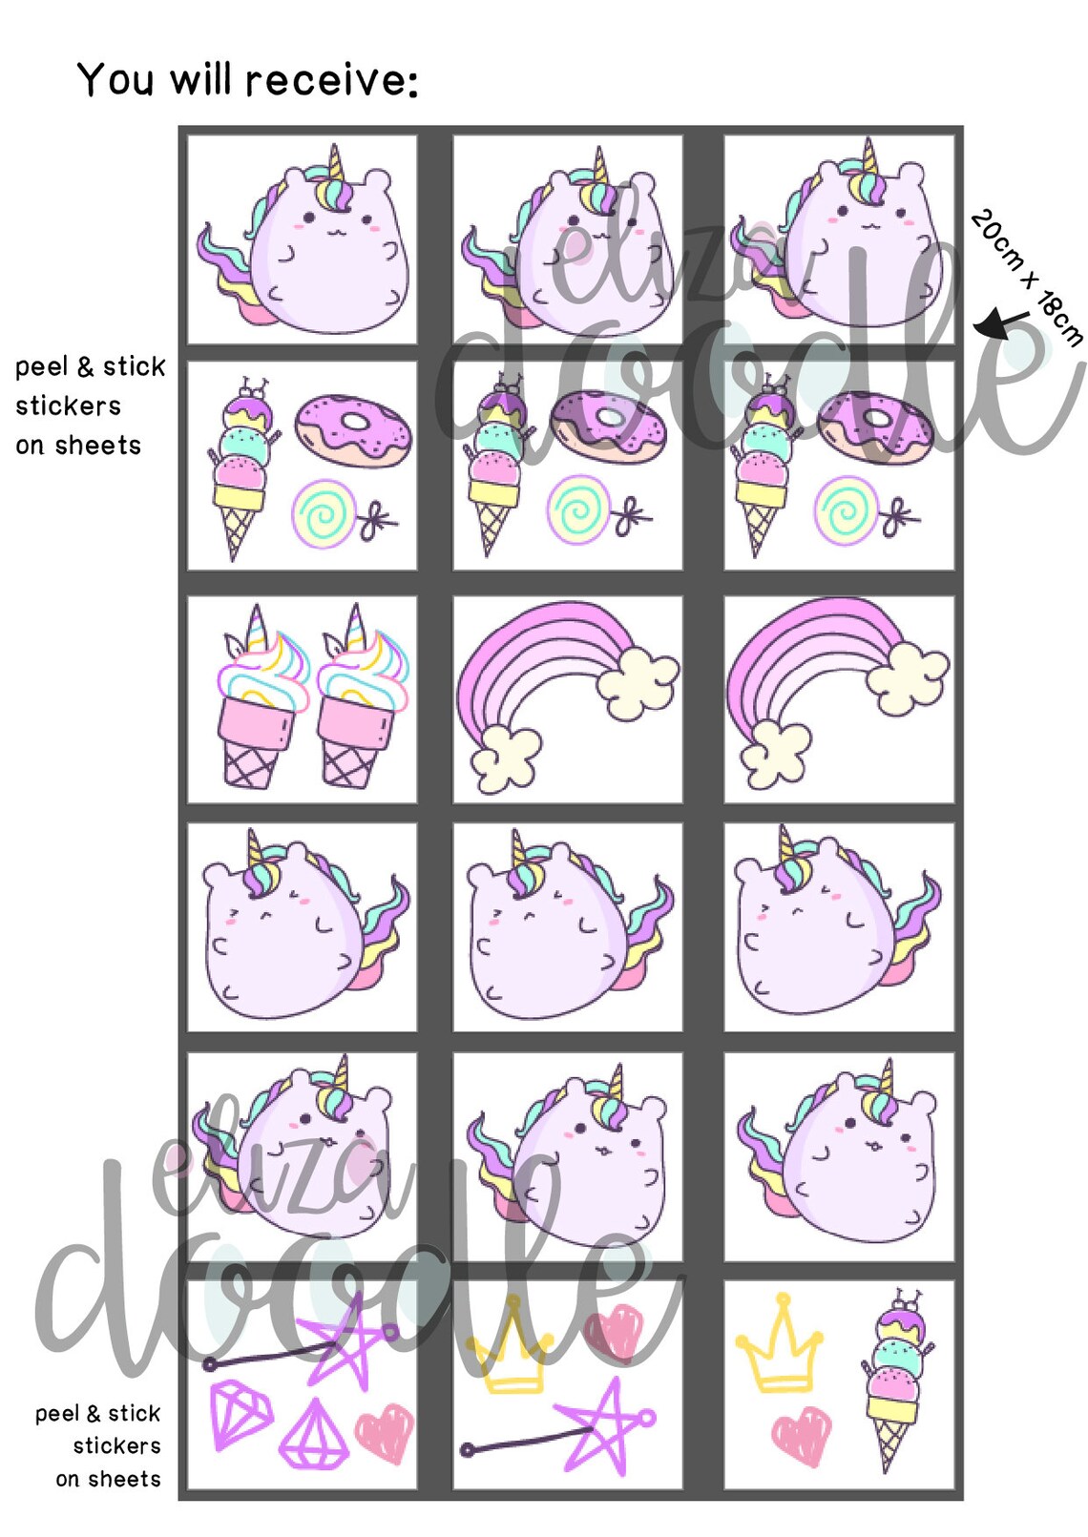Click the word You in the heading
tap(115, 79)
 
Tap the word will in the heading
tap(200, 79)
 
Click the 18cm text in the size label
tap(1059, 320)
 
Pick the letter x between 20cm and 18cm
tap(1029, 281)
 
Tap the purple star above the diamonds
tap(340, 1340)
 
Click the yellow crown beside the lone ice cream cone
tap(779, 1345)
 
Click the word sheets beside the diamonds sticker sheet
tap(108, 1479)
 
